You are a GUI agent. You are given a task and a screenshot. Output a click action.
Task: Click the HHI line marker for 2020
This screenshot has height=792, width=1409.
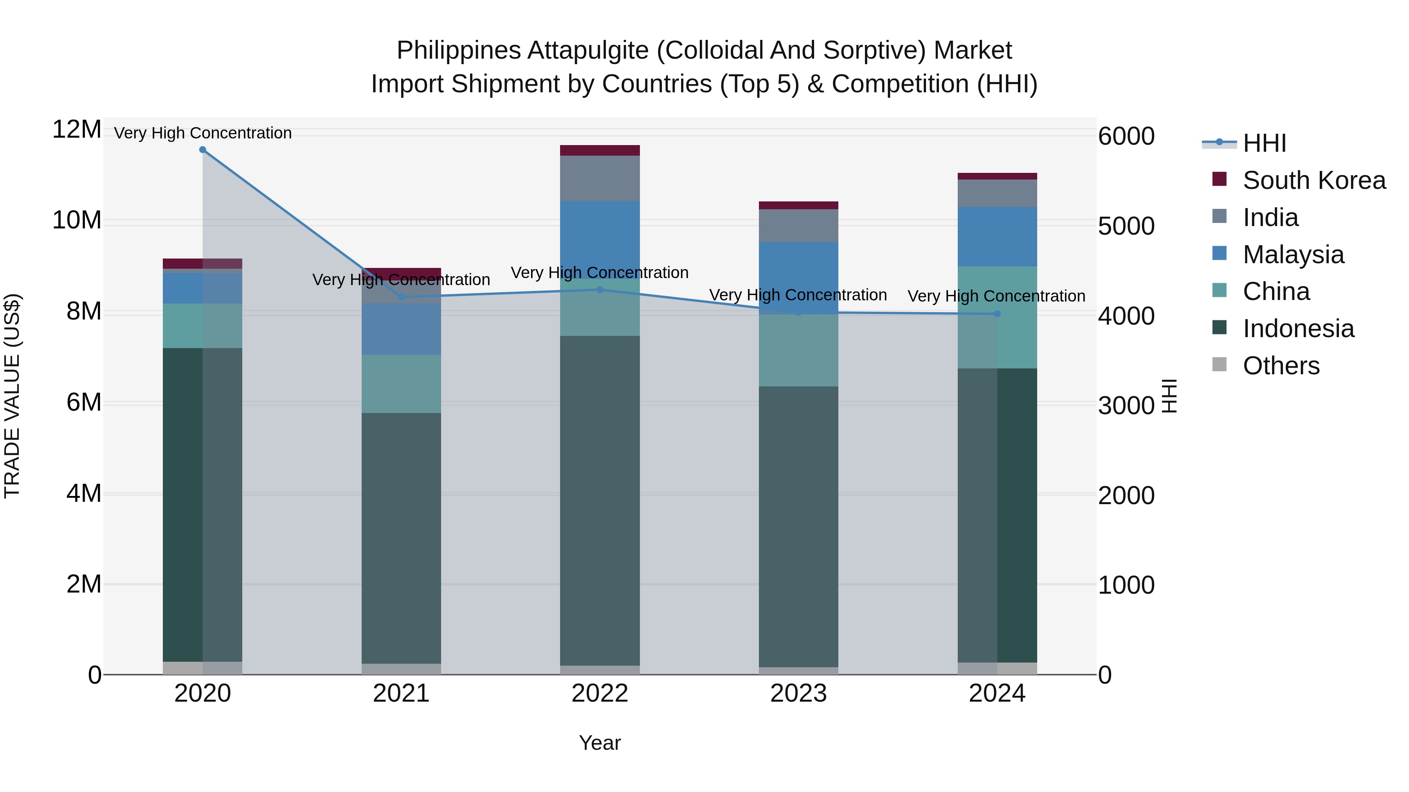(202, 150)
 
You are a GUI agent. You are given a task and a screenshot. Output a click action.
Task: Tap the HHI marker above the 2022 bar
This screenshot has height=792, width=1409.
(600, 290)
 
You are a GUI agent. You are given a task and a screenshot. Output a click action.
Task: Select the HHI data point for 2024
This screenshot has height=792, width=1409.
(997, 314)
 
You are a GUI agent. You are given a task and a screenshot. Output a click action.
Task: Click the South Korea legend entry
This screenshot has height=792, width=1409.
(1314, 180)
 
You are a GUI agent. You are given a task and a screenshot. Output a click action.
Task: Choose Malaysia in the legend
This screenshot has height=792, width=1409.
(1293, 255)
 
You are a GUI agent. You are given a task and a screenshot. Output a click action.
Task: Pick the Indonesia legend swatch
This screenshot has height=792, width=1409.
(1219, 328)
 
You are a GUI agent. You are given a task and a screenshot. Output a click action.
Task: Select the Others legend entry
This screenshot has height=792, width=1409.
(1281, 366)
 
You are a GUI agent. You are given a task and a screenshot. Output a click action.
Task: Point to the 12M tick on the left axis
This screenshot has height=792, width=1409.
(77, 130)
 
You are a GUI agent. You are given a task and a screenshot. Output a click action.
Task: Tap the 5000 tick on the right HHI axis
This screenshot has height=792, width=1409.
(1126, 226)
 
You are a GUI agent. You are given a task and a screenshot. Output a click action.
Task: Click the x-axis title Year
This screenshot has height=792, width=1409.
(600, 743)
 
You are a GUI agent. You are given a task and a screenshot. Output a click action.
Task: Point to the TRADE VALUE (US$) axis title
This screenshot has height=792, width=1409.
(12, 396)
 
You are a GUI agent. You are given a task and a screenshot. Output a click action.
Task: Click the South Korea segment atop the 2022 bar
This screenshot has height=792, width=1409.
(600, 150)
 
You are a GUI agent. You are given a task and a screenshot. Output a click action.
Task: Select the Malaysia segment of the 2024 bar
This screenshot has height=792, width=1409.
(997, 237)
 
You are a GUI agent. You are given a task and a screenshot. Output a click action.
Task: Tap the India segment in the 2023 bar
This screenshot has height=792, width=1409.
(798, 226)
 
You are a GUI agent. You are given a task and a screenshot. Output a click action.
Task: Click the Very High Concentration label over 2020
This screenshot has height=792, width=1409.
(202, 133)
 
